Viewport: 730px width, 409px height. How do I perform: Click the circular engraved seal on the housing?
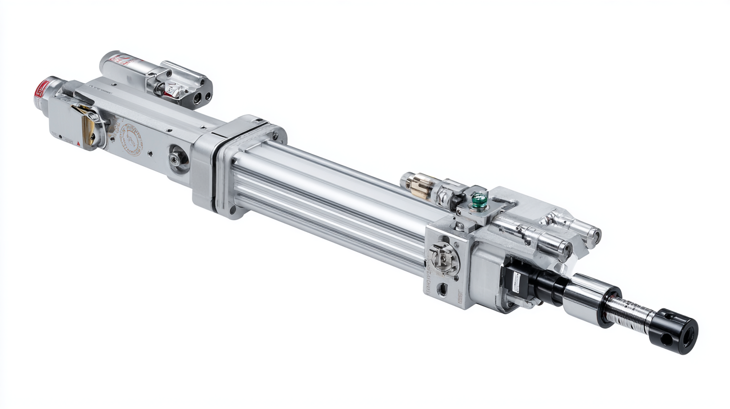tap(131, 139)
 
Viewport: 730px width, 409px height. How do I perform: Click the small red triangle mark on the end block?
tap(79, 143)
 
